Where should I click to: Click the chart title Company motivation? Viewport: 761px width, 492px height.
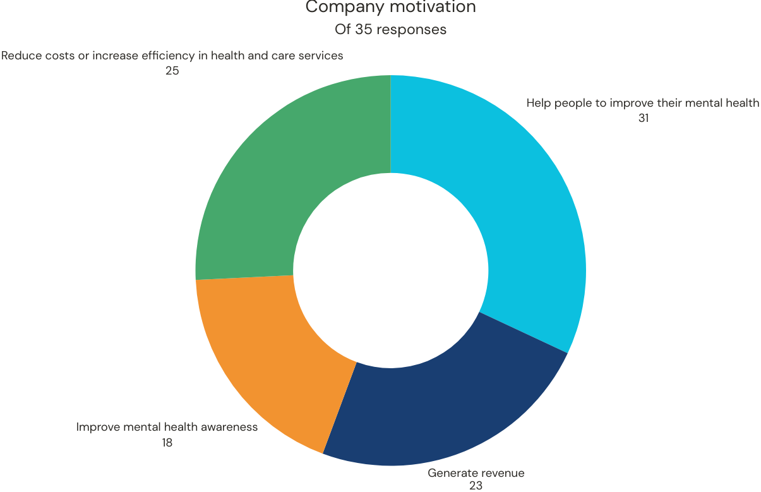click(390, 8)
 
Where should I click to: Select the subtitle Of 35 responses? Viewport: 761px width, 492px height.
click(390, 30)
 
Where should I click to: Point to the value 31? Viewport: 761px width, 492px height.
click(643, 118)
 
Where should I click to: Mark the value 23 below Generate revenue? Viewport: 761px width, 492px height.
click(476, 486)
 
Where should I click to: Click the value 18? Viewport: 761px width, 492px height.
click(167, 443)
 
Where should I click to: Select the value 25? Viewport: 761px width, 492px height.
click(172, 71)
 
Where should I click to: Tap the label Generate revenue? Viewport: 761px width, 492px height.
click(476, 473)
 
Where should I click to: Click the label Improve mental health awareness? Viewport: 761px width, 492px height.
click(167, 427)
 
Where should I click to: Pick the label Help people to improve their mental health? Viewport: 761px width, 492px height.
click(643, 103)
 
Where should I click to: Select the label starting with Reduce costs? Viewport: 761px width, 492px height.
click(172, 56)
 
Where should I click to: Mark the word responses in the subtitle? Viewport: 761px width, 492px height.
click(417, 30)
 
